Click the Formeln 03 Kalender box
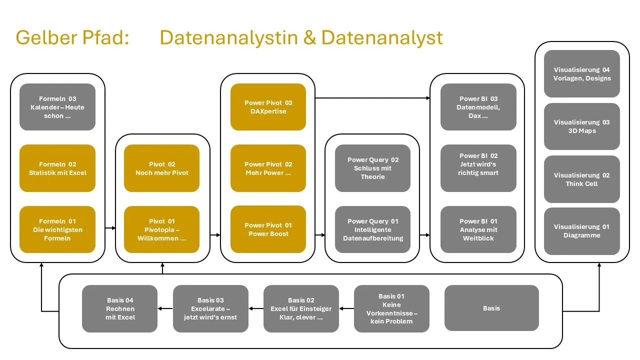click(57, 107)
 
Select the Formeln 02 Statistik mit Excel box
click(57, 168)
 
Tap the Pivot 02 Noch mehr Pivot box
click(161, 168)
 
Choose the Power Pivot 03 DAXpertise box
click(268, 107)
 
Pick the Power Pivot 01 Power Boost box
click(268, 229)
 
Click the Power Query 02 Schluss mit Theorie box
click(372, 168)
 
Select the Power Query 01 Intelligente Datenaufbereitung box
click(372, 229)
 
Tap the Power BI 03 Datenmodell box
click(478, 107)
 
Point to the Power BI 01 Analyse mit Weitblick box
click(478, 229)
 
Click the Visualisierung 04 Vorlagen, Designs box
click(582, 74)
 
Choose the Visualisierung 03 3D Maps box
click(582, 126)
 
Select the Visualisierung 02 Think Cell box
click(582, 179)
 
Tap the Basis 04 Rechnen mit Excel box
click(120, 308)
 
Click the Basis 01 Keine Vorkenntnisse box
click(391, 308)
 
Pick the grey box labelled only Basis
click(491, 308)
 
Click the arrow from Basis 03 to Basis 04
click(165, 308)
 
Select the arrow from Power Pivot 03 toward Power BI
click(372, 98)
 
